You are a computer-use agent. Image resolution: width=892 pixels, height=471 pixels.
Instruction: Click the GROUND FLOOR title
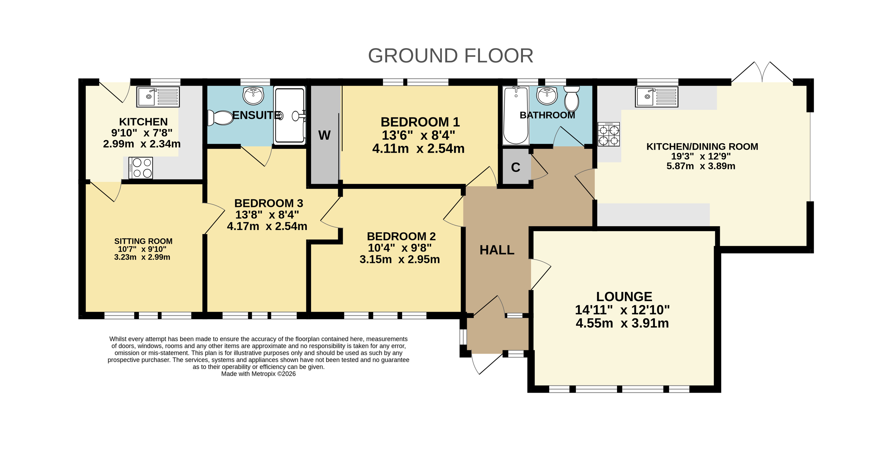click(x=450, y=56)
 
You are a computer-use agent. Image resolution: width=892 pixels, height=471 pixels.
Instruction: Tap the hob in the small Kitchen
click(x=141, y=168)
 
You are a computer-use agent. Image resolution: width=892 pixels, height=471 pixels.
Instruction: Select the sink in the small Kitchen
click(x=158, y=97)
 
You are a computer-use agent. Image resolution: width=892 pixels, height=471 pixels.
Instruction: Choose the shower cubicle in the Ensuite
click(x=289, y=115)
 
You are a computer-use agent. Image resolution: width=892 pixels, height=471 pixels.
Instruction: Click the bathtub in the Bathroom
click(x=516, y=115)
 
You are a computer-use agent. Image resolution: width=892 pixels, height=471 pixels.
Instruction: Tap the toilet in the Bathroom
click(x=572, y=98)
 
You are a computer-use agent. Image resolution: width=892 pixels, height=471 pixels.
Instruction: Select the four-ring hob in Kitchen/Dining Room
click(x=609, y=134)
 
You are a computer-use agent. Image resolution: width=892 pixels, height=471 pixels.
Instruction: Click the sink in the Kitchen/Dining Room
click(x=656, y=97)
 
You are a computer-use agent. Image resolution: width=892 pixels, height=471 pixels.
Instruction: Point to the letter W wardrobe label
click(x=325, y=135)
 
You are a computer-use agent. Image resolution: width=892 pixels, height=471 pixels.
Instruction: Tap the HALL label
click(x=497, y=250)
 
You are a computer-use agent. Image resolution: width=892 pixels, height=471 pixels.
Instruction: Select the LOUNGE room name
click(x=624, y=296)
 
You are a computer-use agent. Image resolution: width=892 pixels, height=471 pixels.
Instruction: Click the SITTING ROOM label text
click(x=143, y=241)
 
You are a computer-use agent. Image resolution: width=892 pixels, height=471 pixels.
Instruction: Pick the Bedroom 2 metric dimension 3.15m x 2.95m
click(x=400, y=259)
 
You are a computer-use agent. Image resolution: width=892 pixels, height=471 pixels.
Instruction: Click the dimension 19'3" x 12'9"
click(x=701, y=156)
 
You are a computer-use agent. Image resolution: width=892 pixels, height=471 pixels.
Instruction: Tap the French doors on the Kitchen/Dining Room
click(x=762, y=72)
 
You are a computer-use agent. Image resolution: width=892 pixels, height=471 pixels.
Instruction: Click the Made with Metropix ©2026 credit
click(x=258, y=374)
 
